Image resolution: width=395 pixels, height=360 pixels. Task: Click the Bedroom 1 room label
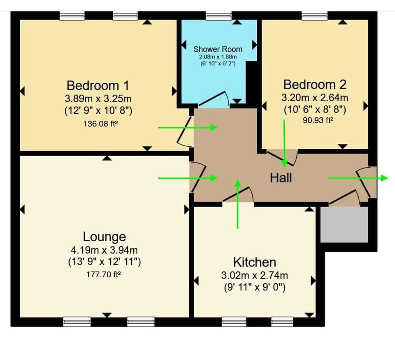click(x=98, y=86)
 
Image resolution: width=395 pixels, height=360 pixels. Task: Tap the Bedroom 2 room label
click(x=315, y=85)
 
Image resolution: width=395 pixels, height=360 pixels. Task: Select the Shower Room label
click(x=218, y=49)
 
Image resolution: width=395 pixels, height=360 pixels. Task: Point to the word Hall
click(x=281, y=178)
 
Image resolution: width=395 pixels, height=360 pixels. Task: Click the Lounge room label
click(x=105, y=237)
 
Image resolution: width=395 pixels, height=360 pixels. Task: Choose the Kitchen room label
click(x=255, y=262)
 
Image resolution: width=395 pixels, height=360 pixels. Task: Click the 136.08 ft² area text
click(x=98, y=123)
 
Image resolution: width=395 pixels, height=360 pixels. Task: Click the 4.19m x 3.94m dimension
click(x=105, y=250)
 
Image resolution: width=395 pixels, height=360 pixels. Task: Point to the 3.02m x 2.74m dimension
click(x=255, y=275)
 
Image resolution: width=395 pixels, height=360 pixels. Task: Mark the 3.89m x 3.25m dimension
click(x=98, y=99)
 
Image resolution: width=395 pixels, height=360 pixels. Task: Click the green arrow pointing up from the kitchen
click(x=237, y=204)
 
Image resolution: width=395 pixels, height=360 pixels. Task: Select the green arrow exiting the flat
click(x=358, y=178)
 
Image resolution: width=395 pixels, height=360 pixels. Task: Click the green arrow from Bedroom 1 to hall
click(x=188, y=128)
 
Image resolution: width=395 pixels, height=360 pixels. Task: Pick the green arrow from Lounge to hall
click(x=188, y=178)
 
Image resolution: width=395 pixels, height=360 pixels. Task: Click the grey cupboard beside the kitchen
click(x=344, y=224)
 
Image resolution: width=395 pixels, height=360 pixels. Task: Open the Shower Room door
click(x=214, y=99)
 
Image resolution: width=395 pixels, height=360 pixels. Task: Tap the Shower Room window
click(x=218, y=16)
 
